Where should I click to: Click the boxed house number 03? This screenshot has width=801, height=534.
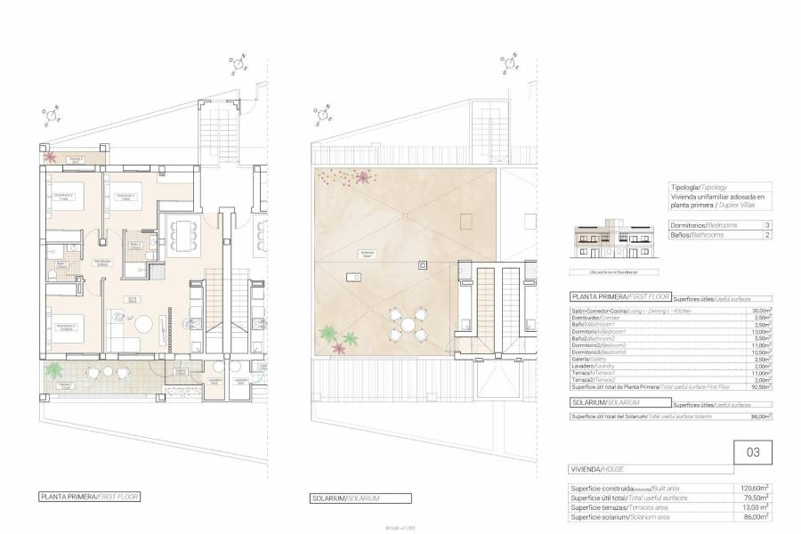753,452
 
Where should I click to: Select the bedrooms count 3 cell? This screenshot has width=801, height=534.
766,226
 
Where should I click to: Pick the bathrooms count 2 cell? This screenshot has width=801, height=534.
766,237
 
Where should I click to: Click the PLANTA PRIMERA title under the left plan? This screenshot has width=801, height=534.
89,498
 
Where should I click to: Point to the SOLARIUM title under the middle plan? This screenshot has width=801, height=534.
346,498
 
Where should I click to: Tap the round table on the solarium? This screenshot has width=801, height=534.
409,326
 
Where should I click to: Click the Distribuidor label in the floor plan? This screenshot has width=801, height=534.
102,262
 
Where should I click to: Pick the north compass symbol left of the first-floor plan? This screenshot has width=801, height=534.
51,117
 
